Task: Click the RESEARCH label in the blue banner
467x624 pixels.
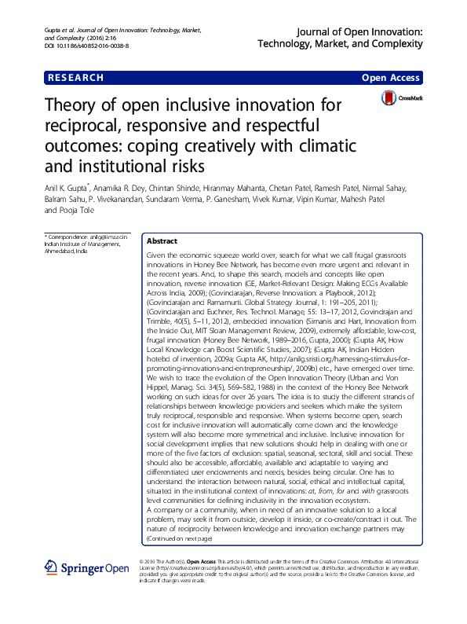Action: pos(76,78)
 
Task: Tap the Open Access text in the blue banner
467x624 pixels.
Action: pos(392,78)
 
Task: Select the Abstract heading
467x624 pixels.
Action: pos(162,241)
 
